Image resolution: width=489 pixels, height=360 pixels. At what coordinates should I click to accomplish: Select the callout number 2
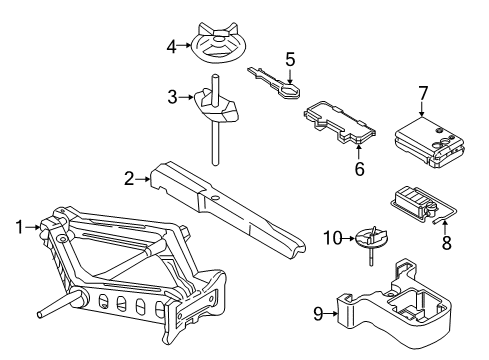pyautogui.click(x=129, y=179)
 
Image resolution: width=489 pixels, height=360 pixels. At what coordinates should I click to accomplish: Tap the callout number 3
pyautogui.click(x=171, y=97)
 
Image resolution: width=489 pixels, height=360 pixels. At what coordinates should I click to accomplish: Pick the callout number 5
pyautogui.click(x=290, y=59)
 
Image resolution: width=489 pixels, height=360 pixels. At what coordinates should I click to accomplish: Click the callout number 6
pyautogui.click(x=358, y=169)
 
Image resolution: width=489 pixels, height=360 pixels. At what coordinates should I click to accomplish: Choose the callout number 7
pyautogui.click(x=423, y=93)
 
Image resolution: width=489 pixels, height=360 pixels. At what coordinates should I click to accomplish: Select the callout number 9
pyautogui.click(x=318, y=314)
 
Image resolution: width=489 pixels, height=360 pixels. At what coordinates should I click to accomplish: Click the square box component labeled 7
pyautogui.click(x=427, y=139)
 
